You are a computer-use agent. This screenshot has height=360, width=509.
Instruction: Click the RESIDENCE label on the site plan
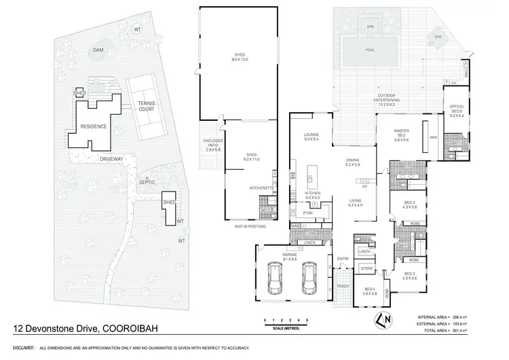[x=94, y=127]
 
